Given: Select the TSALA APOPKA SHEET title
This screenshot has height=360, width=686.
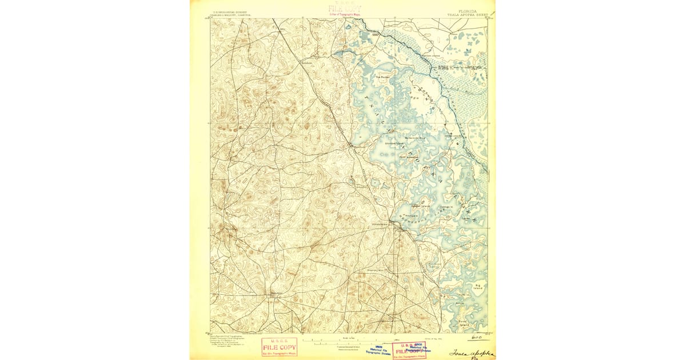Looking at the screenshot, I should pos(463,14).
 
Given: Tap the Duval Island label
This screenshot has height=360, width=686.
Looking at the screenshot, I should pos(464,323).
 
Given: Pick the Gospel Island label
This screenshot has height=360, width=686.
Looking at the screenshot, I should pos(421,206).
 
